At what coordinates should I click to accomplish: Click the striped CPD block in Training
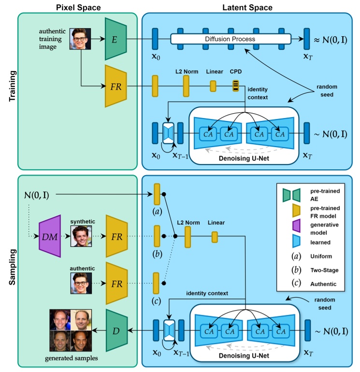tap(235, 86)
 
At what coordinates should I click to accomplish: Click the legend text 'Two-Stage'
tap(325, 270)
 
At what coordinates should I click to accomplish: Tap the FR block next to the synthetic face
tap(116, 237)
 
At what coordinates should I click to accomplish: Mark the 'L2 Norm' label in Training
tap(186, 71)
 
